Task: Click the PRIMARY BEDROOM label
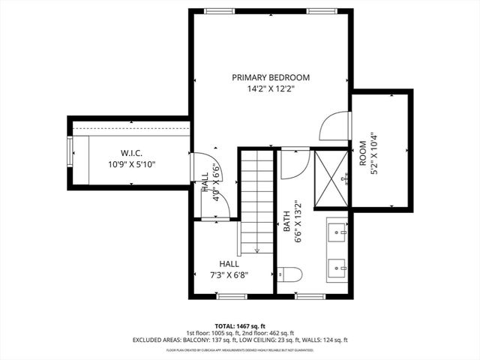(x=270, y=77)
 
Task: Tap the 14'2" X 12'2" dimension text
(x=270, y=88)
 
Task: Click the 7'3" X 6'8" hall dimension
(x=229, y=274)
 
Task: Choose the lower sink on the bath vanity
(x=338, y=266)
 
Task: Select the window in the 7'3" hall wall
(x=231, y=296)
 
